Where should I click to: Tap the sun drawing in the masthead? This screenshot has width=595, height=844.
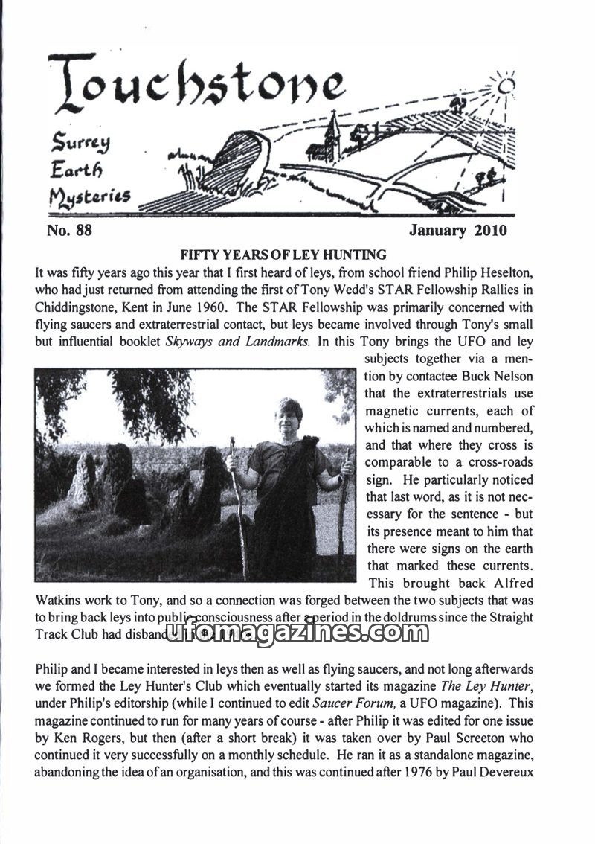[506, 86]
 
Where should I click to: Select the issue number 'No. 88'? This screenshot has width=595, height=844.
[69, 231]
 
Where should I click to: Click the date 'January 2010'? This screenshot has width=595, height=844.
[457, 231]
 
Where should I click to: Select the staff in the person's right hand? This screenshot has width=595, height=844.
[239, 506]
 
